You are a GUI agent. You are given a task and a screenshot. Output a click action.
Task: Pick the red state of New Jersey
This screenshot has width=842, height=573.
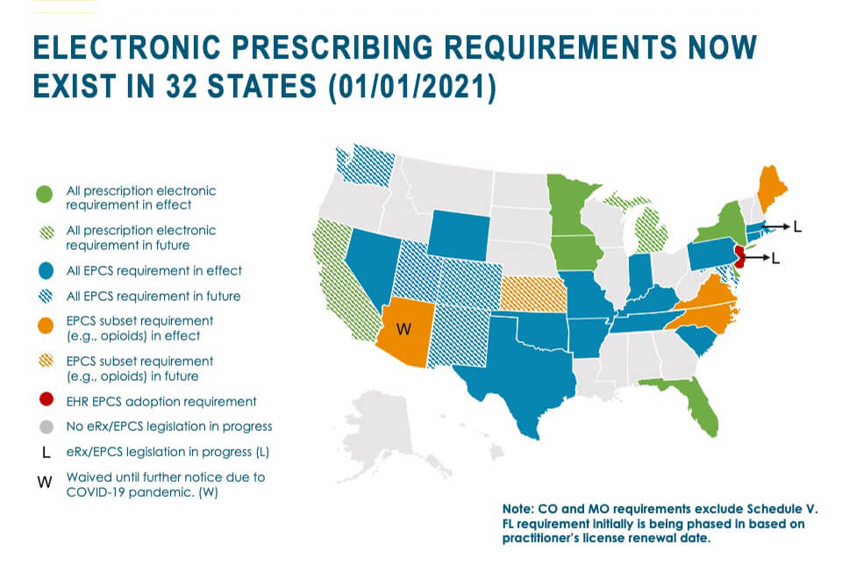(739, 257)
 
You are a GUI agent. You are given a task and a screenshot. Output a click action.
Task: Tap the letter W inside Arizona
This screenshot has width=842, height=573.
(404, 329)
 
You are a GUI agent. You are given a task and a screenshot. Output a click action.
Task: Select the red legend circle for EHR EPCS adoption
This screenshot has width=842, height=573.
(46, 401)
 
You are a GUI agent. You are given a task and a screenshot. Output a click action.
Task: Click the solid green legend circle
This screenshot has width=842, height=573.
(46, 192)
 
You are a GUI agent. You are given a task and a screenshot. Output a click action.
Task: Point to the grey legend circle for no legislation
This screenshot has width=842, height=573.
(46, 426)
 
